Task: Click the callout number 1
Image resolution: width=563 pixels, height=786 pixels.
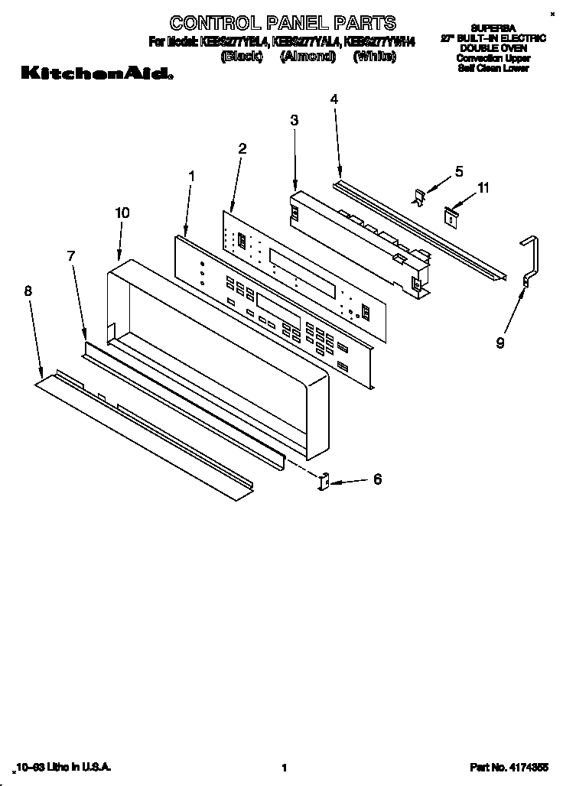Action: click(191, 176)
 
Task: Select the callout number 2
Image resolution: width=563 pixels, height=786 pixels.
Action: click(242, 149)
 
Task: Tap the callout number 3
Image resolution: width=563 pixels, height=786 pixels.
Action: click(295, 120)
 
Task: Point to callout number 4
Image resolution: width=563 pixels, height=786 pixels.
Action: click(334, 99)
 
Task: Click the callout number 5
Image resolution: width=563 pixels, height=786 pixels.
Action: click(459, 172)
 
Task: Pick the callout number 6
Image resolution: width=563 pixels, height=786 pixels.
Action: click(376, 479)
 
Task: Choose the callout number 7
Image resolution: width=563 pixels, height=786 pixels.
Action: click(71, 256)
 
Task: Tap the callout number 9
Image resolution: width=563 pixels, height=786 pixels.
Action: click(500, 343)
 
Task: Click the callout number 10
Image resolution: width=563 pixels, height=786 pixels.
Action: click(122, 213)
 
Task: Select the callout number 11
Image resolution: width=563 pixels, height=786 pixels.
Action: click(483, 187)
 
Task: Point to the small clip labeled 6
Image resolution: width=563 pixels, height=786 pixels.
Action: click(323, 482)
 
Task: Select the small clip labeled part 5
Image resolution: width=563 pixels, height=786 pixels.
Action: click(419, 196)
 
